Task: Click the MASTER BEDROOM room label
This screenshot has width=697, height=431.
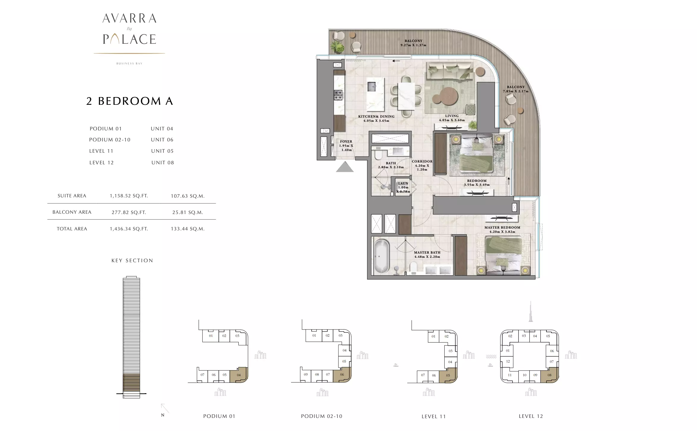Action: [x=502, y=227]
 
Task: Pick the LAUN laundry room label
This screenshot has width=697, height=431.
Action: [x=403, y=183]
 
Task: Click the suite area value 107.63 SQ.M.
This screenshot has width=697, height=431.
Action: [x=187, y=196]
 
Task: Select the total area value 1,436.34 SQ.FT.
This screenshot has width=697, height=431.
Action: [x=129, y=229]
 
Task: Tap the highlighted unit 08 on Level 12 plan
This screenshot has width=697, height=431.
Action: [x=549, y=374]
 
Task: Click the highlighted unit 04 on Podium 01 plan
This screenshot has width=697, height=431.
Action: [x=239, y=375]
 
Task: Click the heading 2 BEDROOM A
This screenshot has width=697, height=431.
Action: [x=129, y=101]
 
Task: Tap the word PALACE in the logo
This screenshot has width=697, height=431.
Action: [x=129, y=39]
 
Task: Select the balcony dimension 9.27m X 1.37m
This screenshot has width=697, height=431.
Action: [x=413, y=45]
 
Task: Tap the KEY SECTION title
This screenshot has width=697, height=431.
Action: [x=132, y=260]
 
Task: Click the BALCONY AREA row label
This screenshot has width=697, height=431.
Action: [x=72, y=212]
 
